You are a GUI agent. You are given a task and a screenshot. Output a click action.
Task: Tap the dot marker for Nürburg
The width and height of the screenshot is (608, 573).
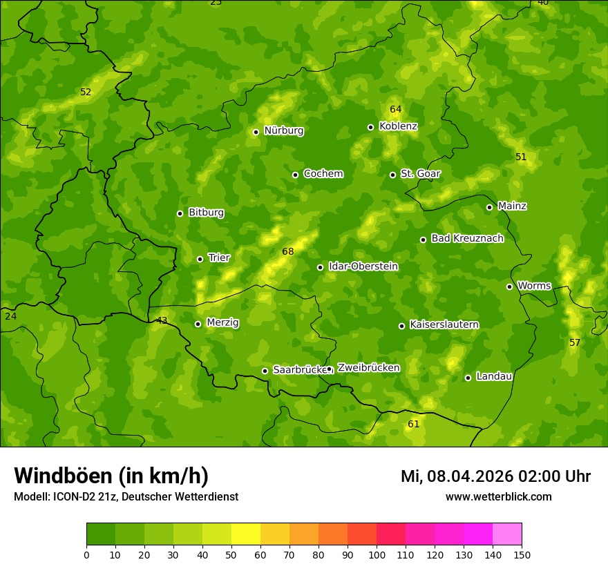[x=256, y=132]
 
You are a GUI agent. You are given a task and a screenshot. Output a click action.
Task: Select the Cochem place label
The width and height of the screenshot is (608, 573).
[x=323, y=174]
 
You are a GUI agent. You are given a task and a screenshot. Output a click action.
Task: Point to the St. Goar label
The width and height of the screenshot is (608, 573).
[x=420, y=174]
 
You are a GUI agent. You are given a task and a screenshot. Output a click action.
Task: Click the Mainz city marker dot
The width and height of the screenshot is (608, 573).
[x=489, y=207]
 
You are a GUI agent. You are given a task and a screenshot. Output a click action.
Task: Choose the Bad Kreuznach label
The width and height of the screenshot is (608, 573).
[x=467, y=239]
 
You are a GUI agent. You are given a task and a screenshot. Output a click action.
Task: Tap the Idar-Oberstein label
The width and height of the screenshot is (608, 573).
[x=363, y=266]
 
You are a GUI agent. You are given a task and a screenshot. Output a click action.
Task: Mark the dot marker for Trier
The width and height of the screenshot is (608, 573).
[x=200, y=259]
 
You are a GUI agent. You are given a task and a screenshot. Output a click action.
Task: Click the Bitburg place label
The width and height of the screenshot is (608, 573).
[x=206, y=213]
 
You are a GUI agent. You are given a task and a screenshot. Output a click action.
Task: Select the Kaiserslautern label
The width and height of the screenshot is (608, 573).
[x=444, y=324]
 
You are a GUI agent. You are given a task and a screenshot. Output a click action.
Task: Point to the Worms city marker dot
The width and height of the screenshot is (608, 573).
[x=509, y=286]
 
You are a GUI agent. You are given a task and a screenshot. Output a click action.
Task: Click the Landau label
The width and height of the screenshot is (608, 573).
[x=494, y=377]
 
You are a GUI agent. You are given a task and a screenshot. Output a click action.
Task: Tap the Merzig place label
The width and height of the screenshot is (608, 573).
[x=222, y=323]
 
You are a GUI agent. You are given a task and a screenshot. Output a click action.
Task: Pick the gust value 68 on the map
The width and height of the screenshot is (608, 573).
[x=288, y=252]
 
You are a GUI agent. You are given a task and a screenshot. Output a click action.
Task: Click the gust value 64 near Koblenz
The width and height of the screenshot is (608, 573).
[x=395, y=110]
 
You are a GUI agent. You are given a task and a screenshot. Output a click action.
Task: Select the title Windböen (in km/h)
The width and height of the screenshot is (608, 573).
[x=111, y=476]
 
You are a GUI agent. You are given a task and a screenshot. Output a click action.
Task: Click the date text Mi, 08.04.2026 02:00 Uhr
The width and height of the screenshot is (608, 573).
[x=495, y=476]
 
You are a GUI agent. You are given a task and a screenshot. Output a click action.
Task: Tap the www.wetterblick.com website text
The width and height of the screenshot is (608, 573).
[x=498, y=497]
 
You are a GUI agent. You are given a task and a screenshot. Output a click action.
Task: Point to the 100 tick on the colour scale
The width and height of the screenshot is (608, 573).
[x=377, y=554]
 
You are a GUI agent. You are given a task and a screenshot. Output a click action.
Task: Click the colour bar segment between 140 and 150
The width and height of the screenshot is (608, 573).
[x=507, y=534]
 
